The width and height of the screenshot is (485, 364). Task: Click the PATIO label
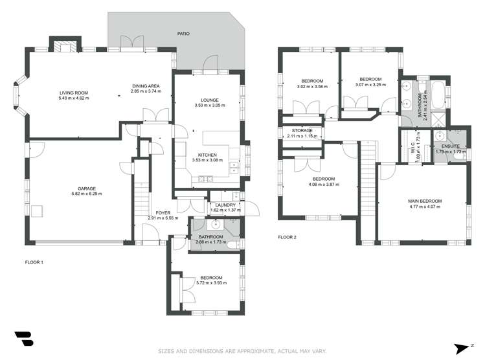(x=185, y=33)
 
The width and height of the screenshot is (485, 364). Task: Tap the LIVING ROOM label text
(x=73, y=93)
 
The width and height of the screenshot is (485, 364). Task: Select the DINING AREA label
(x=146, y=86)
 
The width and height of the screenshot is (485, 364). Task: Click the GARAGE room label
(x=87, y=188)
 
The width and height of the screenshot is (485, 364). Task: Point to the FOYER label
(x=163, y=212)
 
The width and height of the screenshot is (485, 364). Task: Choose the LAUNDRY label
(x=225, y=205)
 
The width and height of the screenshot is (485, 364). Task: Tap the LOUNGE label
(x=209, y=100)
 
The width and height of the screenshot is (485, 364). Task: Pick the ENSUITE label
(x=451, y=146)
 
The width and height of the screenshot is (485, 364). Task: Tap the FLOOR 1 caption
(x=34, y=262)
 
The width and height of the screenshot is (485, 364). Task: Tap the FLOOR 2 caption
(x=287, y=238)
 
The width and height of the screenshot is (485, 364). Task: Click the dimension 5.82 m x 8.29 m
(x=87, y=194)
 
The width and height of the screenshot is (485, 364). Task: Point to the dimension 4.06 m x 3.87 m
(x=324, y=184)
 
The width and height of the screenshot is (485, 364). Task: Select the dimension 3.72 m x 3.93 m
(x=211, y=283)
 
